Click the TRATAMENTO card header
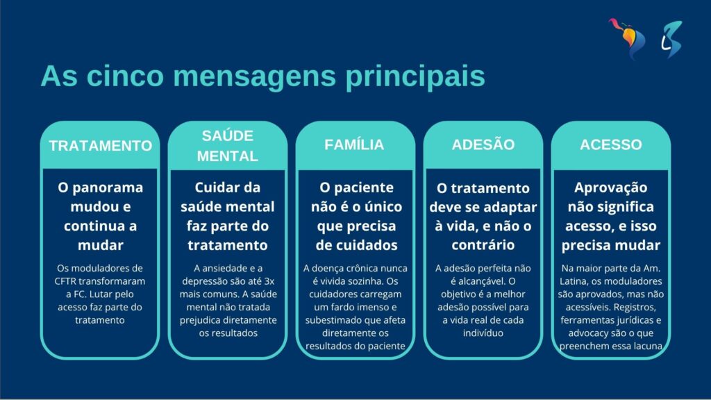tap(100, 146)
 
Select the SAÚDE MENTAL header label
tap(228, 146)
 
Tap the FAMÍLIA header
tap(354, 144)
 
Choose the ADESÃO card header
tap(483, 144)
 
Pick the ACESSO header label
tap(611, 144)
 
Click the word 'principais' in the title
tap(415, 76)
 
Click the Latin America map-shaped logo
tap(627, 39)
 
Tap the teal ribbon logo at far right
tap(671, 39)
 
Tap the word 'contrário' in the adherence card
tap(483, 245)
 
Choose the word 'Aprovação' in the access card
tap(611, 187)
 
